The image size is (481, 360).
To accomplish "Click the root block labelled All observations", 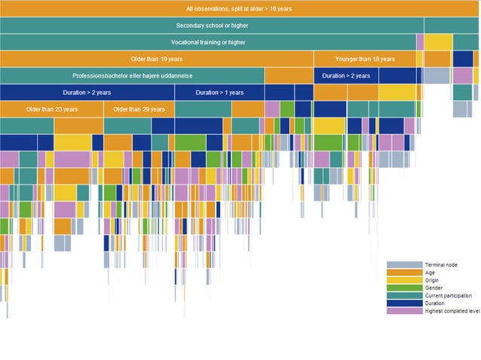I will pos(239,8).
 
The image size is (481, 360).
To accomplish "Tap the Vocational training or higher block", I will pos(207,42).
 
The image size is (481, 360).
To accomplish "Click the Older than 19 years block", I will pos(156,59).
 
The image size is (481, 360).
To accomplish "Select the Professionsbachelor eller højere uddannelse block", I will pos(132,75).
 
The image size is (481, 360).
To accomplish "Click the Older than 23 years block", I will pos(51,109).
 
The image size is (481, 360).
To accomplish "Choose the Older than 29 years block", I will pos(139,109).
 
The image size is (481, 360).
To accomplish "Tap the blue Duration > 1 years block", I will pos(219,93).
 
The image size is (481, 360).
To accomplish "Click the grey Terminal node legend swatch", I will pos(404,265).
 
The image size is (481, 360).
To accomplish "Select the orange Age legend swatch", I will pos(404,273).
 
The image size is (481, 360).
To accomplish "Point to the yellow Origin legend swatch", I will pos(404,280).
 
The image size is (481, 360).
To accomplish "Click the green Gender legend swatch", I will pos(404,288).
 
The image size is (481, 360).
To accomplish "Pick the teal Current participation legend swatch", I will pos(404,295).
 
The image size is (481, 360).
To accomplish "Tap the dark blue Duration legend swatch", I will pos(404,303).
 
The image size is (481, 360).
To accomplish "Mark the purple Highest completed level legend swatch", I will pos(404,310).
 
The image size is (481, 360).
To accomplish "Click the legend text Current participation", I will pos(449,295).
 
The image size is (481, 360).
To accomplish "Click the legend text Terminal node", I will pos(441,265).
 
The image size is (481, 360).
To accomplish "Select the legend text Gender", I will pos(435,288).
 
